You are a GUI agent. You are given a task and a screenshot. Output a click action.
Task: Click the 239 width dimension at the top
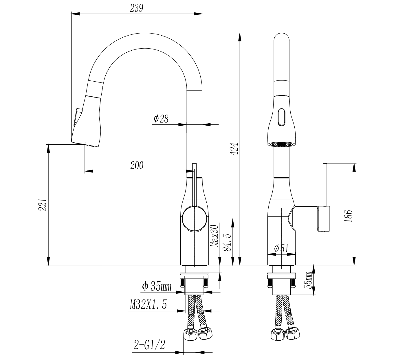tap(137, 8)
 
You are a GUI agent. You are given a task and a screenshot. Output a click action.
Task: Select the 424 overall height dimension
tap(235, 148)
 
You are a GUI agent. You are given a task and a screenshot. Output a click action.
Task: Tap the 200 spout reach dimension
tap(137, 166)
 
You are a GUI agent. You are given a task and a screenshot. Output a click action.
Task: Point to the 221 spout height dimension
tap(43, 205)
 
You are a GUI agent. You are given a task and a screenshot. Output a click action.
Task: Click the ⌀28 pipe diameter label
tap(161, 119)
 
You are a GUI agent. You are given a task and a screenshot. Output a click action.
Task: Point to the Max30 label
tap(214, 236)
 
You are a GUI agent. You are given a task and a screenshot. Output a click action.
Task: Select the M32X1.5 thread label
tap(148, 305)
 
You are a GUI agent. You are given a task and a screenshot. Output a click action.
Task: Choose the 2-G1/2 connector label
tap(149, 345)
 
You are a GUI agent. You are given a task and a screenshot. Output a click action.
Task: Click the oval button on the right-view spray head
tap(281, 117)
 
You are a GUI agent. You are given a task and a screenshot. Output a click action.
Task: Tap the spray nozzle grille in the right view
tap(281, 144)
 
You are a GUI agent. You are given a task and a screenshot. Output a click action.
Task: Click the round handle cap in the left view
tap(195, 218)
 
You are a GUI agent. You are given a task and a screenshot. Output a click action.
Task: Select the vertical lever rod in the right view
tap(325, 184)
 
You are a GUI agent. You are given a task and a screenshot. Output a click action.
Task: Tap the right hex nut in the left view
tap(206, 335)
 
